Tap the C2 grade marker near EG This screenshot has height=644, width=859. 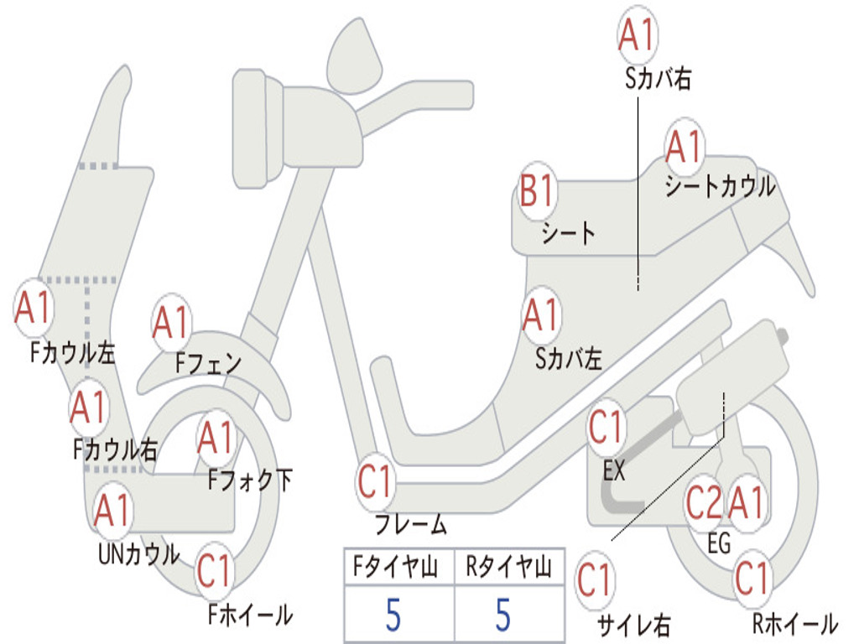tap(704, 502)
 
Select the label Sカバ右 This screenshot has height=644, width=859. tap(658, 78)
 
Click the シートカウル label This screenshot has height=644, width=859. tap(720, 186)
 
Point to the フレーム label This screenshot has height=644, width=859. tap(411, 524)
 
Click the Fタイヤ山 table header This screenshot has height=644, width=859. tap(396, 566)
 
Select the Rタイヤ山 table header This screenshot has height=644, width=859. tap(508, 566)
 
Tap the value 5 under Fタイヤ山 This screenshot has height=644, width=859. tap(393, 615)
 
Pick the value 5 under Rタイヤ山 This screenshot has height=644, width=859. tap(503, 615)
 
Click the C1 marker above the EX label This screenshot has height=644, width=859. tap(606, 428)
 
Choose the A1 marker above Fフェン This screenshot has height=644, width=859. tap(171, 323)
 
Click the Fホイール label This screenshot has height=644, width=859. tap(250, 615)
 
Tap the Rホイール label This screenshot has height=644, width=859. tap(794, 623)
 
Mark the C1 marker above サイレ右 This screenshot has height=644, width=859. tap(595, 580)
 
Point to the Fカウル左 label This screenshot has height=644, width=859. tap(72, 353)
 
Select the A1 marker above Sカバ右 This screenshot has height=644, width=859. tap(638, 34)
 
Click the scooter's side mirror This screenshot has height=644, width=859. tap(354, 58)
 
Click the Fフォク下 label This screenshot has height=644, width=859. tap(250, 480)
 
